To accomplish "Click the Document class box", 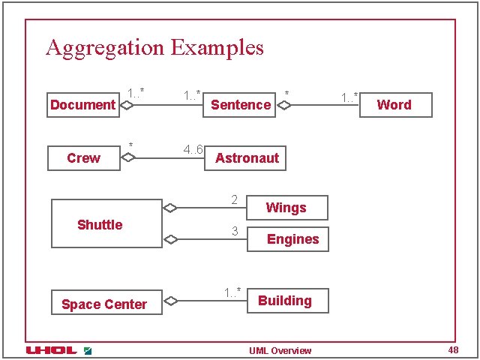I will [x=82, y=105].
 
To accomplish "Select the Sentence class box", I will [x=241, y=105].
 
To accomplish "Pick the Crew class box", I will [x=83, y=158].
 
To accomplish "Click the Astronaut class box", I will [x=246, y=158].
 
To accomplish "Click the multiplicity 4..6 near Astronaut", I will [x=193, y=149].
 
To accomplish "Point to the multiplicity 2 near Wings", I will [x=235, y=199].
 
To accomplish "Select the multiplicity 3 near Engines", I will [x=235, y=232].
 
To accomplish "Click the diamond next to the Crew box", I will [x=128, y=158].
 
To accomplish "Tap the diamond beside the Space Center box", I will [x=170, y=301].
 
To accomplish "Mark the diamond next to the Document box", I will [x=127, y=105].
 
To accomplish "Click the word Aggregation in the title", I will [x=105, y=48].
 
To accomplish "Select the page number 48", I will [x=453, y=350].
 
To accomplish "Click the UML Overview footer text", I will [x=280, y=351].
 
